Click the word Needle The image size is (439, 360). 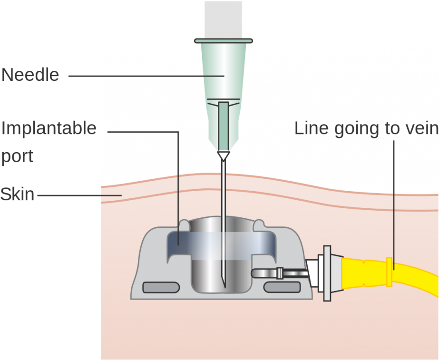click(x=30, y=75)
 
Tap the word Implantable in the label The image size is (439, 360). click(x=49, y=128)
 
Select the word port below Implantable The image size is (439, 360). click(x=17, y=156)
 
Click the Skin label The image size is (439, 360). click(x=17, y=195)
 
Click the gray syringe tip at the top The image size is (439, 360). click(x=224, y=19)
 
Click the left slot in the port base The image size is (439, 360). click(x=161, y=287)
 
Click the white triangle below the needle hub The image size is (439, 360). click(x=223, y=156)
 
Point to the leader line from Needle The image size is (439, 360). click(x=143, y=75)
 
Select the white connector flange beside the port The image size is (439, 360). click(x=327, y=273)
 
